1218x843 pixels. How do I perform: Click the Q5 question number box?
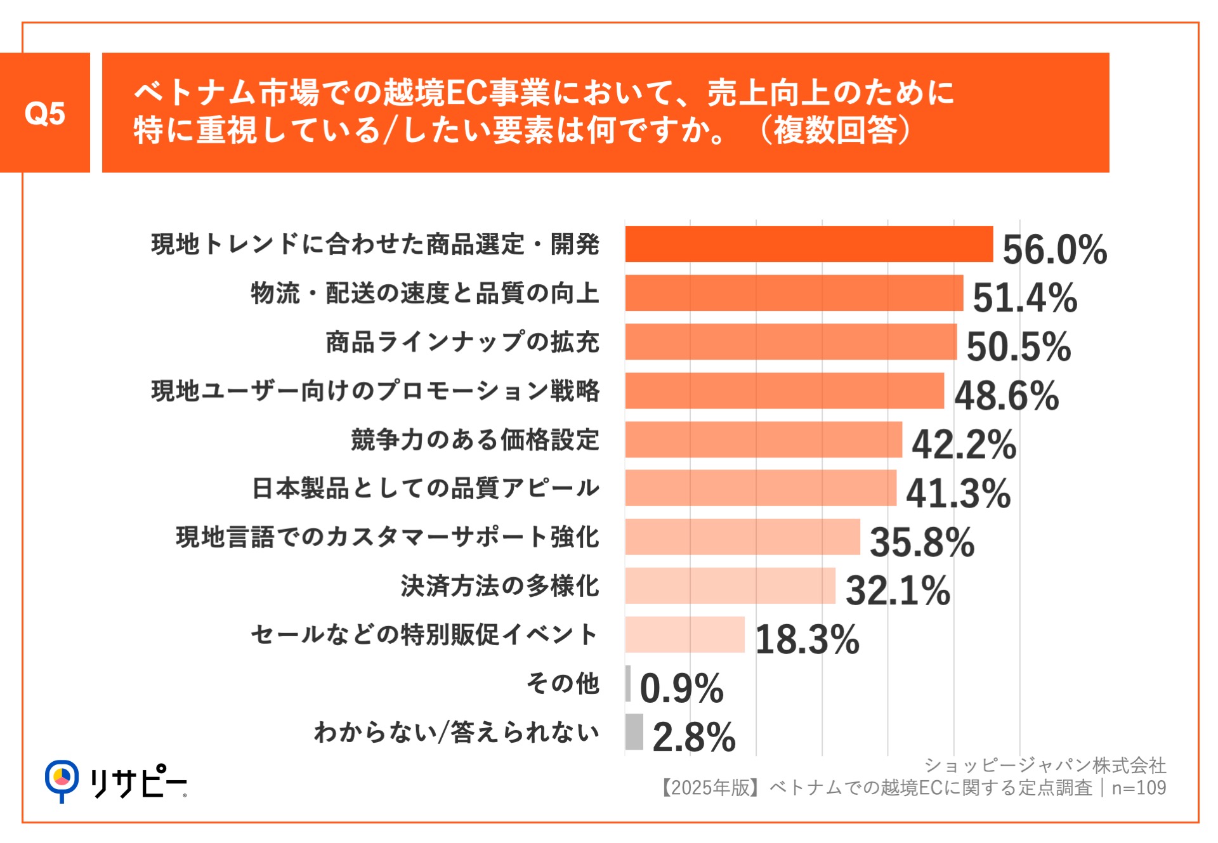click(x=44, y=113)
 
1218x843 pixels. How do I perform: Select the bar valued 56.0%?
click(x=809, y=244)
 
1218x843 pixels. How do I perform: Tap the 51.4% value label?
click(x=1025, y=297)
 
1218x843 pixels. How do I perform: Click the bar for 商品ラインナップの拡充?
click(x=791, y=342)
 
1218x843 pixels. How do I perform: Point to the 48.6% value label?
click(x=1006, y=395)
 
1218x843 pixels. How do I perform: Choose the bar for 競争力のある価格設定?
click(x=763, y=440)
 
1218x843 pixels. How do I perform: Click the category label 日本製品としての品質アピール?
click(x=426, y=488)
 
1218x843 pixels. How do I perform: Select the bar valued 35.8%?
click(x=742, y=537)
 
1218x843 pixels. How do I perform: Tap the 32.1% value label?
click(x=898, y=591)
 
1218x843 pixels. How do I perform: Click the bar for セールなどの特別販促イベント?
click(x=684, y=634)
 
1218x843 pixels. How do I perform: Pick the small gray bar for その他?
click(x=628, y=683)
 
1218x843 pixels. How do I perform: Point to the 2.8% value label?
click(x=693, y=737)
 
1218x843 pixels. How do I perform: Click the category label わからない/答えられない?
click(x=457, y=733)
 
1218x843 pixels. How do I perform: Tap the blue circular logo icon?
click(x=62, y=778)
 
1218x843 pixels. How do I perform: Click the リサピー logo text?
click(x=138, y=783)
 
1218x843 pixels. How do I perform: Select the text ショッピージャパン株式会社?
click(x=1044, y=766)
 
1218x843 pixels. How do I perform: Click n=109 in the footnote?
click(x=1139, y=788)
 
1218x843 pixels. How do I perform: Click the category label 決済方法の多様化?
click(x=500, y=586)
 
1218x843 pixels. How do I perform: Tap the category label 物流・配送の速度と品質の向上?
click(x=425, y=293)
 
